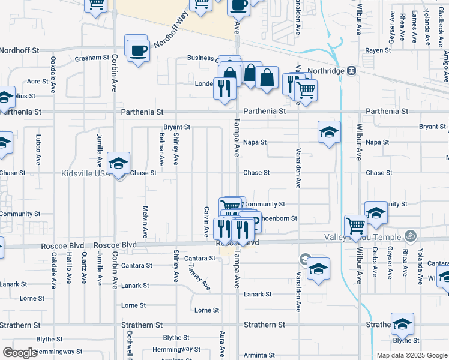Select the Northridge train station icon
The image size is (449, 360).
pos(351,70)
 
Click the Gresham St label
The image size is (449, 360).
pos(91,59)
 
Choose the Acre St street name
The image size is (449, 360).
pos(37,81)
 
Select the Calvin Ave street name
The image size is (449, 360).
pos(206,220)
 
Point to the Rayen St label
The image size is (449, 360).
pos(378,50)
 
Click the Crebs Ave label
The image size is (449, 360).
pos(375,262)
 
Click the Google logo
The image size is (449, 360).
pos(20,353)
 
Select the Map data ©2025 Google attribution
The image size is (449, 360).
pos(412,355)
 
